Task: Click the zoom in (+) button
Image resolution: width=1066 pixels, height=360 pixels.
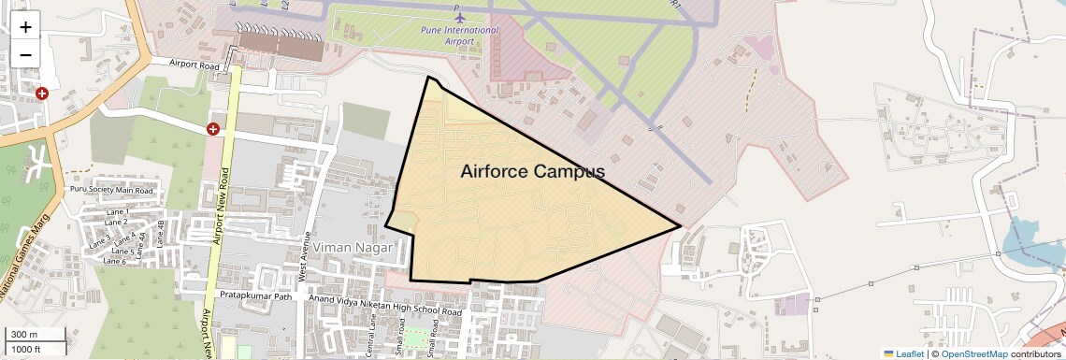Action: click(x=25, y=26)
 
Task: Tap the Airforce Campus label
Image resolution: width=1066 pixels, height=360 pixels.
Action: click(x=532, y=171)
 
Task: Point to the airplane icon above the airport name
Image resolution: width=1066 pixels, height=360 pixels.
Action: click(x=459, y=17)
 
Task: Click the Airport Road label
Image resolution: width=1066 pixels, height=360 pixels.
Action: click(x=194, y=65)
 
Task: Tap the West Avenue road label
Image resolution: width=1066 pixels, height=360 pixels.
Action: click(x=303, y=257)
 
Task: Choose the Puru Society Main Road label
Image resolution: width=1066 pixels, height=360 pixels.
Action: click(x=110, y=190)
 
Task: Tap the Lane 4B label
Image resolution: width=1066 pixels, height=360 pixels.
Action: click(x=162, y=232)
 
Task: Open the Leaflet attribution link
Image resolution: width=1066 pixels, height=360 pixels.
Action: click(x=903, y=353)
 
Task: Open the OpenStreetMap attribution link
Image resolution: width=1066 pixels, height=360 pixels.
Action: click(x=973, y=353)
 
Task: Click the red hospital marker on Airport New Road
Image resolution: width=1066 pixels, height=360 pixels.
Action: click(x=213, y=128)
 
